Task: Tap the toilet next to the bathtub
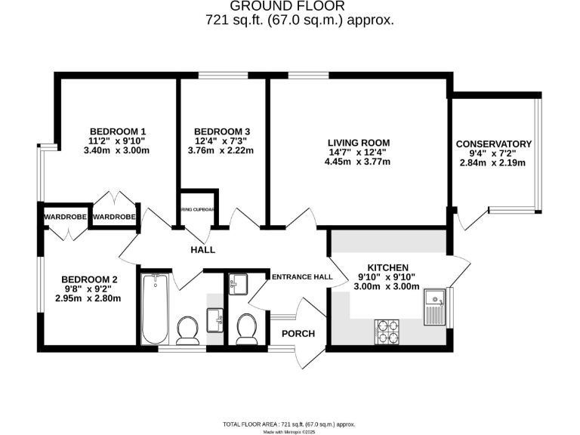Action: (187, 329)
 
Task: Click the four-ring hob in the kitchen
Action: (387, 328)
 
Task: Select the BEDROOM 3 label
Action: (221, 130)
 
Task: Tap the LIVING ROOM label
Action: (358, 143)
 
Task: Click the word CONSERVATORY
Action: (494, 144)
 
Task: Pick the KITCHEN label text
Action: (387, 267)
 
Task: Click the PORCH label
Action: (298, 334)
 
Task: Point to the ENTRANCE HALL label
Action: (302, 277)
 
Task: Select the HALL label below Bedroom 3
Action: (202, 250)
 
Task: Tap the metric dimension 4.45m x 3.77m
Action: (358, 165)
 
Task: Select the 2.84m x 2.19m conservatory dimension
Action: (494, 166)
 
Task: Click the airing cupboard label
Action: (198, 210)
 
